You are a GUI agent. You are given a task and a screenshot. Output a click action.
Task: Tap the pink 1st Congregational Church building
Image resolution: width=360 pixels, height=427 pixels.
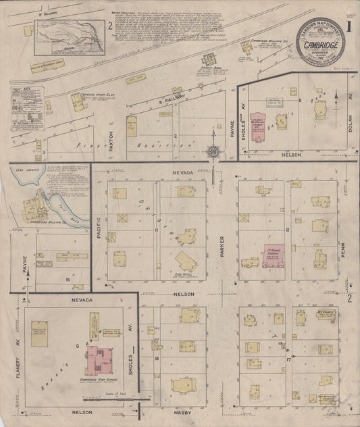tap(275, 255)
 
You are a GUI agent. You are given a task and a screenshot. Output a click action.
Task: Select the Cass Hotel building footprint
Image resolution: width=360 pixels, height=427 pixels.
tap(186, 261)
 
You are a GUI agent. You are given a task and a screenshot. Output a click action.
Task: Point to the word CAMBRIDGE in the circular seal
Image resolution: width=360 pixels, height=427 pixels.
tap(319, 45)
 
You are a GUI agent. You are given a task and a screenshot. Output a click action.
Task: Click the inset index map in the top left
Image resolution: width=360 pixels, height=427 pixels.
tap(70, 38)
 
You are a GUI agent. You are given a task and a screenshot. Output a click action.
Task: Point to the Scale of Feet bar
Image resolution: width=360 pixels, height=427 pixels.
tap(117, 398)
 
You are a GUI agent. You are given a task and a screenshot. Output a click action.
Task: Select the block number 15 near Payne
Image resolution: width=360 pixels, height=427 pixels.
tap(68, 278)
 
